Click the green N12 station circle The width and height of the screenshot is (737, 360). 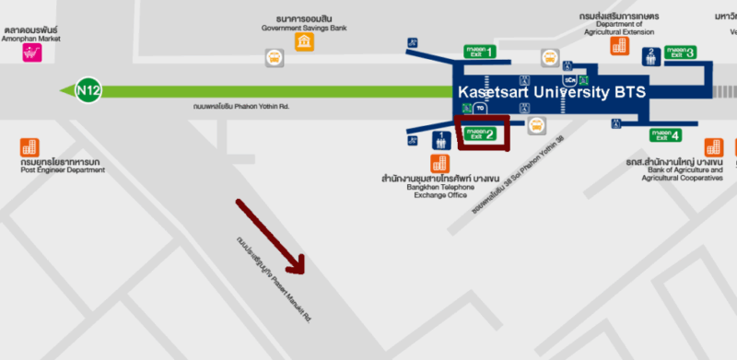click(88, 90)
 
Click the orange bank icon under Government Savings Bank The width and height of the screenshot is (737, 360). click(303, 42)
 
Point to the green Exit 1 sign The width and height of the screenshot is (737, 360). click(480, 52)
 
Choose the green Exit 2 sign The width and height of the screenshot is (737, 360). click(480, 134)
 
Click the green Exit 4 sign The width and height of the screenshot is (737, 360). click(663, 135)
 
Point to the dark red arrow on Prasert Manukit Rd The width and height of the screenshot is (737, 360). click(271, 236)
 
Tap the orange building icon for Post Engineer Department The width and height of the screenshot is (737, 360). click(30, 147)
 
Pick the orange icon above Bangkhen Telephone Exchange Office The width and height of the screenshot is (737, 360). click(439, 162)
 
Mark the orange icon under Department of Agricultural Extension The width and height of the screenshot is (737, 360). click(616, 45)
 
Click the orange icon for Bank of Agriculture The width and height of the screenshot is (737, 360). click(713, 147)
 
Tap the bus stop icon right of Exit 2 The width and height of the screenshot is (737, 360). click(535, 127)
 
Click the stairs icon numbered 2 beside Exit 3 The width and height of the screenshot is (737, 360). click(651, 55)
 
